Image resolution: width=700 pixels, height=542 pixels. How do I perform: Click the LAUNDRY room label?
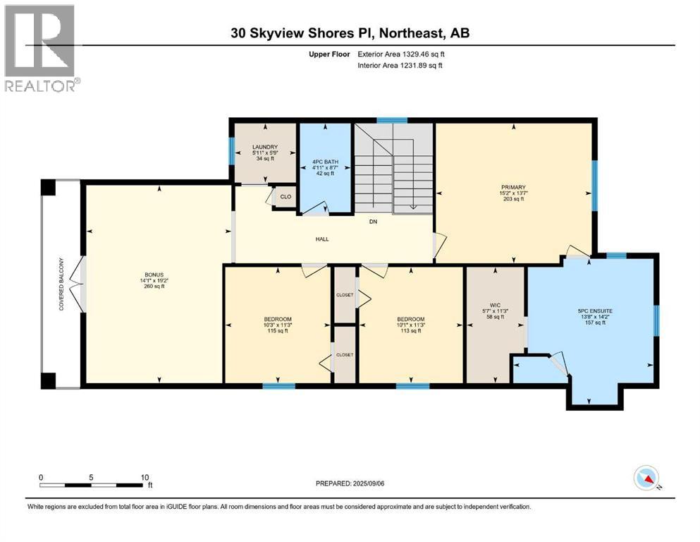click(x=265, y=147)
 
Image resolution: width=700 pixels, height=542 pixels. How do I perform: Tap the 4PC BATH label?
click(x=326, y=162)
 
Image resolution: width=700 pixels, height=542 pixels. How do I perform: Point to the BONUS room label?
click(x=152, y=274)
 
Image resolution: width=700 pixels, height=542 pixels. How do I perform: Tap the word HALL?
click(x=322, y=239)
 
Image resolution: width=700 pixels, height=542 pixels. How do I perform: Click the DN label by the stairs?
click(x=374, y=221)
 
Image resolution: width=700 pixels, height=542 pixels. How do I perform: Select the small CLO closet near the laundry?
click(x=286, y=197)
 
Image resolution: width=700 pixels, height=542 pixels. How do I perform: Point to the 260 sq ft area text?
click(x=152, y=287)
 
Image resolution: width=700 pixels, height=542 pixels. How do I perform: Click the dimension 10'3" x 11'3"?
click(x=278, y=325)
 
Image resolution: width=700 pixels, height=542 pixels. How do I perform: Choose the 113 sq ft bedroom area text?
click(x=410, y=332)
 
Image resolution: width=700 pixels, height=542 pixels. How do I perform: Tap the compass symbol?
click(x=646, y=479)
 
